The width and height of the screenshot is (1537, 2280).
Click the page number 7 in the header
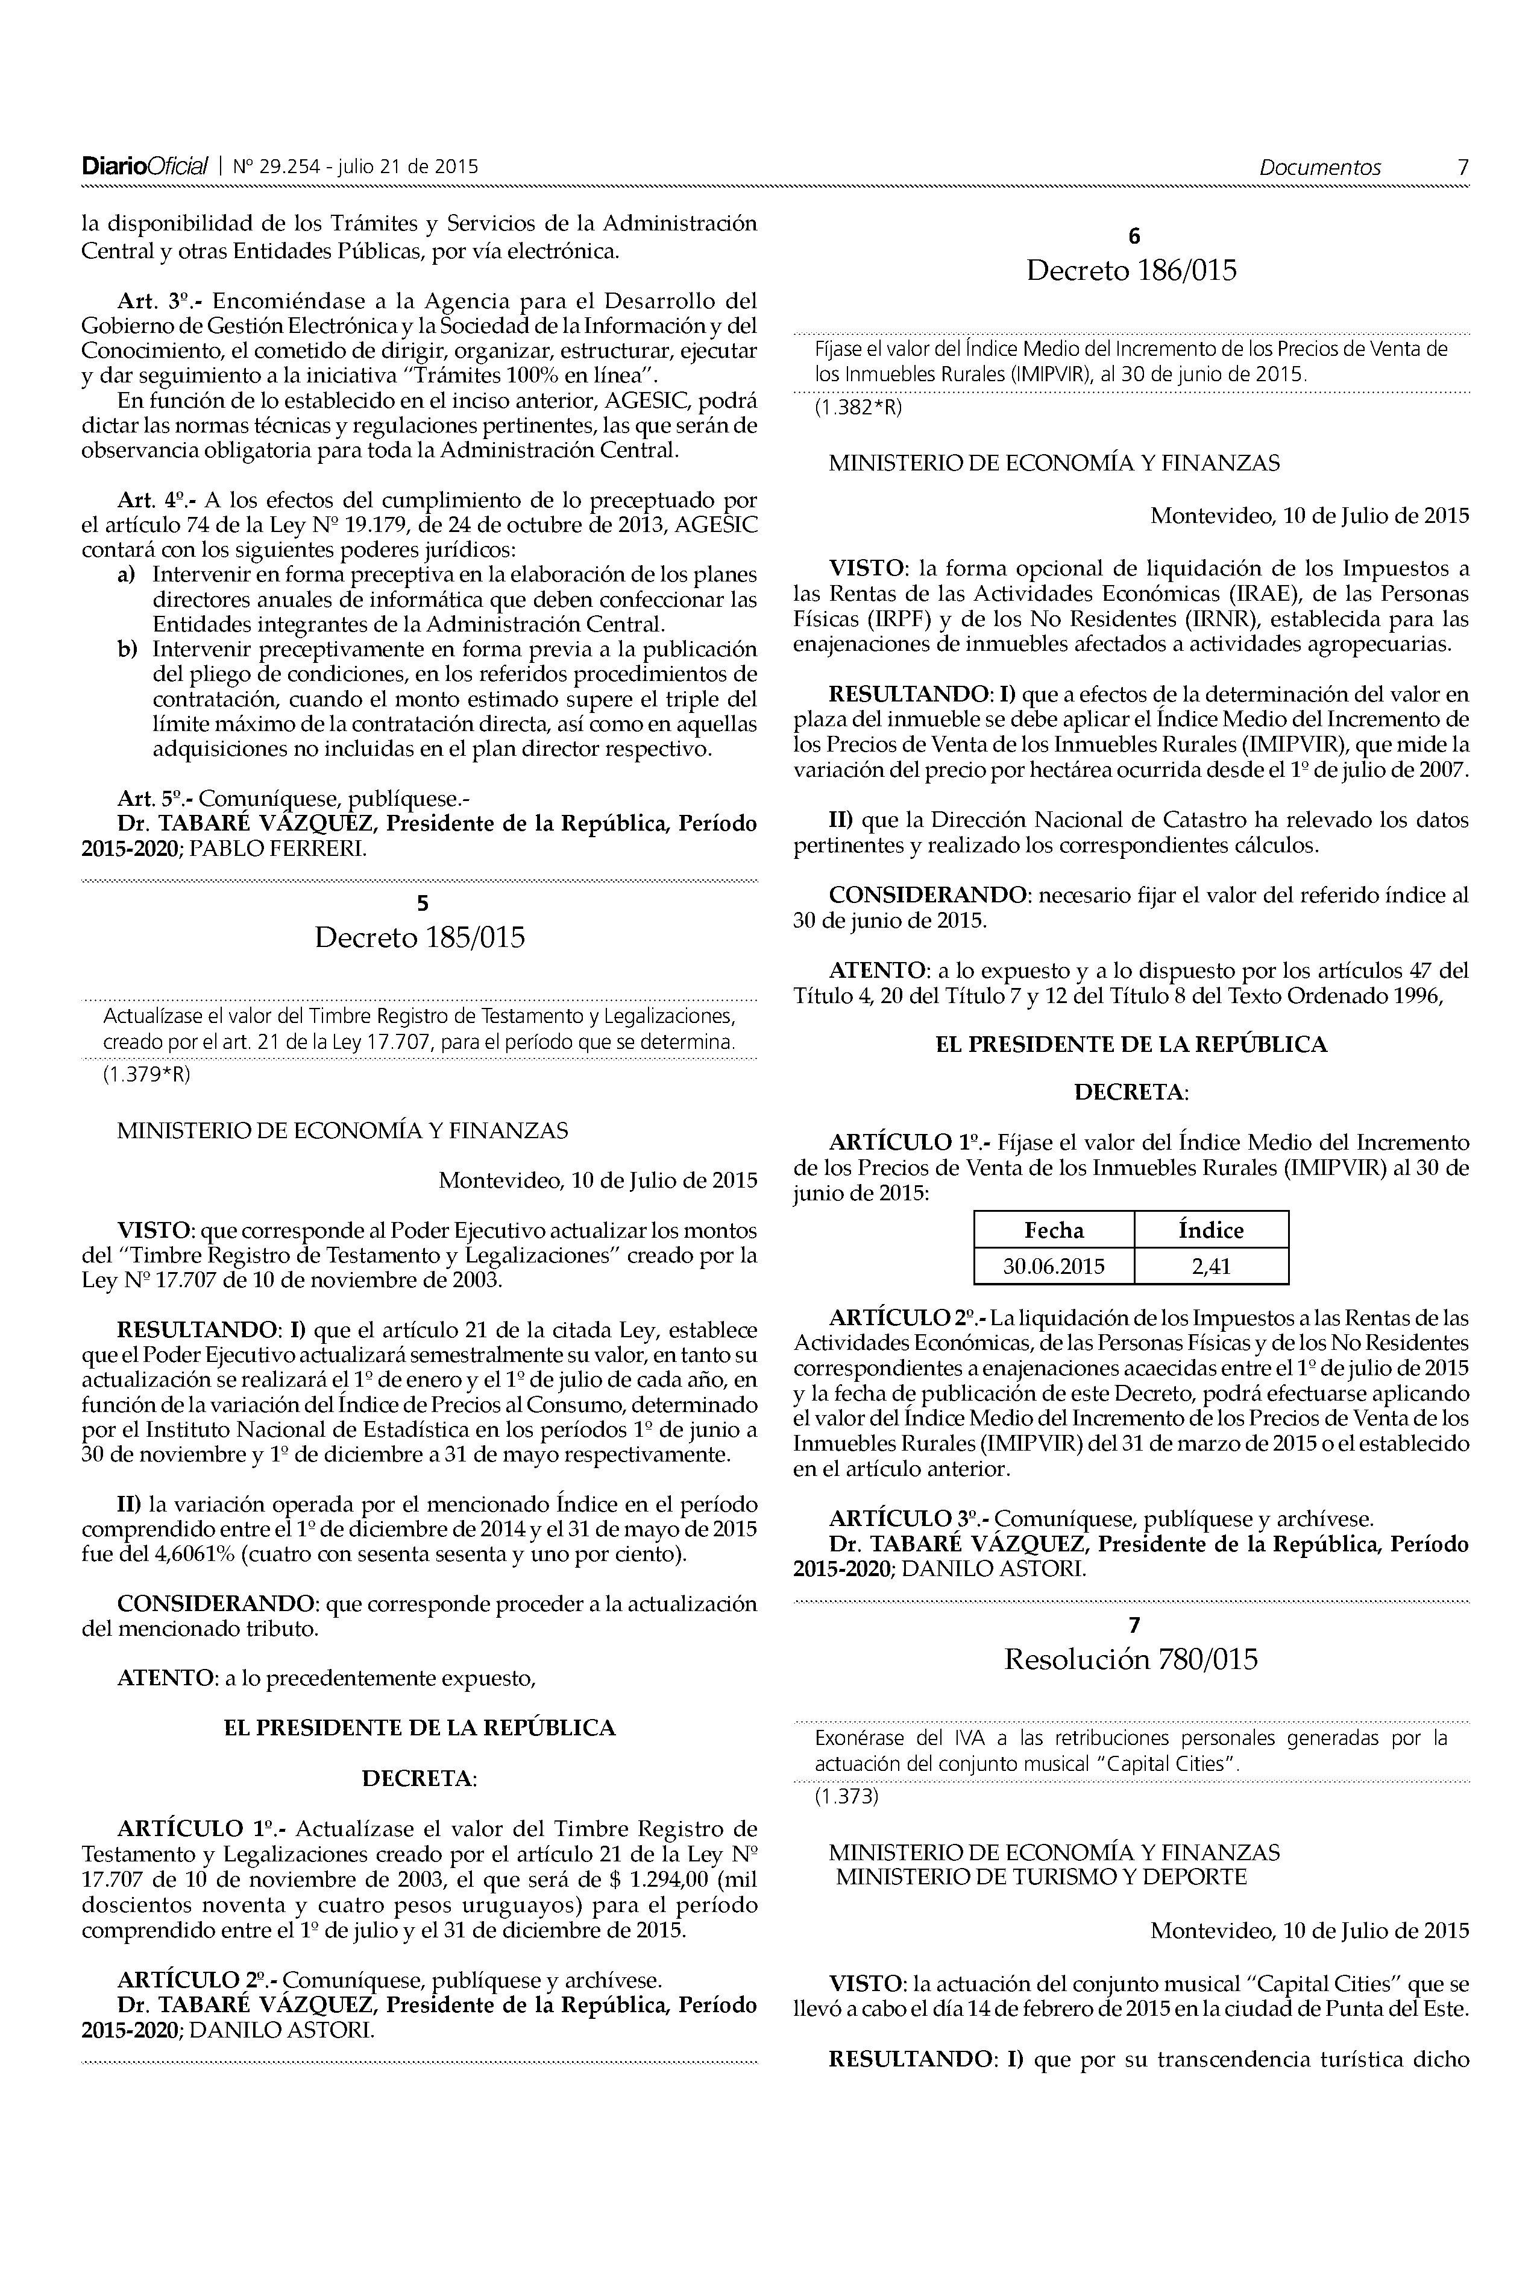1462,168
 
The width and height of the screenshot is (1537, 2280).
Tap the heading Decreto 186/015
1131,271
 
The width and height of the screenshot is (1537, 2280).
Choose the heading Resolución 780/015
1131,1659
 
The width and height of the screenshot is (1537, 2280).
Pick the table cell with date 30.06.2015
1054,1266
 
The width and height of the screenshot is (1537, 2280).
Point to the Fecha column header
1054,1230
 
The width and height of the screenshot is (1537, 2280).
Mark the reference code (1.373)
846,1797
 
